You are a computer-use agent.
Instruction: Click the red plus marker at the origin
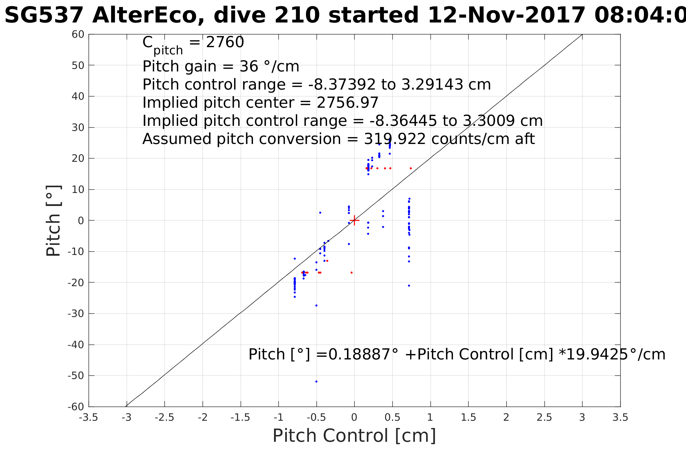(355, 220)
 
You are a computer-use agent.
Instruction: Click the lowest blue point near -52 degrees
(316, 382)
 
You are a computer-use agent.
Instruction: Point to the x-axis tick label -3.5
(89, 417)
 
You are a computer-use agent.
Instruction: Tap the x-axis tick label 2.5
(544, 417)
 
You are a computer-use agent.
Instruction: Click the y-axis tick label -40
(76, 345)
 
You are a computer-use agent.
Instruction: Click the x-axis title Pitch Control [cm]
(354, 436)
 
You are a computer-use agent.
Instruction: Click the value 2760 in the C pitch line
(225, 42)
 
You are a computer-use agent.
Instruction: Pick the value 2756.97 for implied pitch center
(347, 103)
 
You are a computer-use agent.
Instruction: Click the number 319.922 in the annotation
(395, 139)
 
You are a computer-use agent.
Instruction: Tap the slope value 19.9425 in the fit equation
(597, 354)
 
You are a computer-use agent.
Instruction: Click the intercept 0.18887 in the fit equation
(359, 354)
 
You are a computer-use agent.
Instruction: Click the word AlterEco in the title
(148, 16)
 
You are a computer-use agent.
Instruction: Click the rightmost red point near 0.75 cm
(411, 168)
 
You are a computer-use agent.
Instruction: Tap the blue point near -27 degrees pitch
(316, 305)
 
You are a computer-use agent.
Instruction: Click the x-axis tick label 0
(354, 417)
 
